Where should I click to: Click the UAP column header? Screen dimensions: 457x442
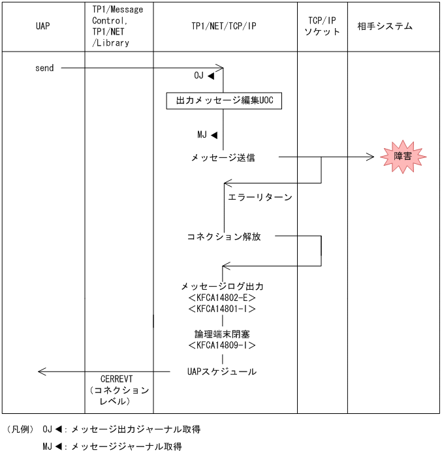coord(43,27)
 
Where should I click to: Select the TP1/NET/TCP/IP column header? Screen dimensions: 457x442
coord(223,27)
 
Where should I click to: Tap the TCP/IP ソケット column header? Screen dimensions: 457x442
coord(323,26)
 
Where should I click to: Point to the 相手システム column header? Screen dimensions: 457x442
coord(385,27)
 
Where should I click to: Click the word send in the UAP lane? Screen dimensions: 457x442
coord(44,68)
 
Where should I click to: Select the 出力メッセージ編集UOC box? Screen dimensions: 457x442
coord(223,101)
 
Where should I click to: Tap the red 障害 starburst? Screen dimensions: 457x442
coord(402,157)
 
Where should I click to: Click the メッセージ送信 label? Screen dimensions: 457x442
coord(223,157)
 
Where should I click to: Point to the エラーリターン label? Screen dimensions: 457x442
coord(260,197)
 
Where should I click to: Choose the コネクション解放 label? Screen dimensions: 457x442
coord(224,236)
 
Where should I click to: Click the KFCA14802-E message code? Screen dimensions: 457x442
coord(222,298)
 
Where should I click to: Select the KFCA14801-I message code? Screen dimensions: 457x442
coord(222,309)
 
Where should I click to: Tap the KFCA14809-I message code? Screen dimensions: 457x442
coord(222,345)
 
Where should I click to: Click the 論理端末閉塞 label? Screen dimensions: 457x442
coord(223,334)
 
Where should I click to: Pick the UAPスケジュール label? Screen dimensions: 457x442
coord(222,371)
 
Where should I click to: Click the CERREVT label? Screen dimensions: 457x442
coord(118,379)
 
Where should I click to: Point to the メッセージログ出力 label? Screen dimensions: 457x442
coord(222,286)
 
